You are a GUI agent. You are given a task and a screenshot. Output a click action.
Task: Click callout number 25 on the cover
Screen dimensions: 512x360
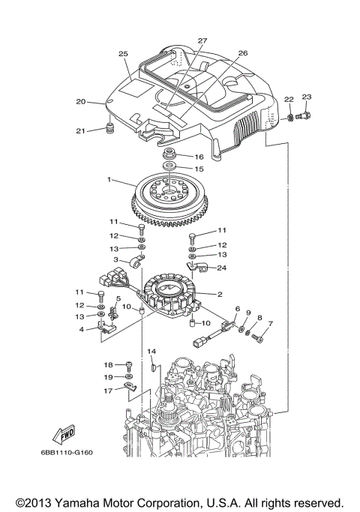[x=124, y=54]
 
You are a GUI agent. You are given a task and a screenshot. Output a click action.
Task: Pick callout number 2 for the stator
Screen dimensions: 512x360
[x=219, y=294]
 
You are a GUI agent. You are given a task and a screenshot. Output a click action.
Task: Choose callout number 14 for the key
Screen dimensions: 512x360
[x=151, y=351]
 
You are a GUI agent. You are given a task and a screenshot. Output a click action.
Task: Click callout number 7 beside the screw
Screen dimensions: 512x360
[x=271, y=324]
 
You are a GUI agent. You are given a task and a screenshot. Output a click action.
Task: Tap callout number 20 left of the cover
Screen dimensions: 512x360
[x=81, y=102]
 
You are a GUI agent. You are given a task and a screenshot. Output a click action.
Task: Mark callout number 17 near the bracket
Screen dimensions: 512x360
[x=107, y=391]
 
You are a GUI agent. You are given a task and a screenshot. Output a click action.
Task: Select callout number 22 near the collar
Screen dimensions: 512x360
[x=288, y=100]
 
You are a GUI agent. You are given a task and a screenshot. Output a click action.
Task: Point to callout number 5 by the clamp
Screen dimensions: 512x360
[x=117, y=299]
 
